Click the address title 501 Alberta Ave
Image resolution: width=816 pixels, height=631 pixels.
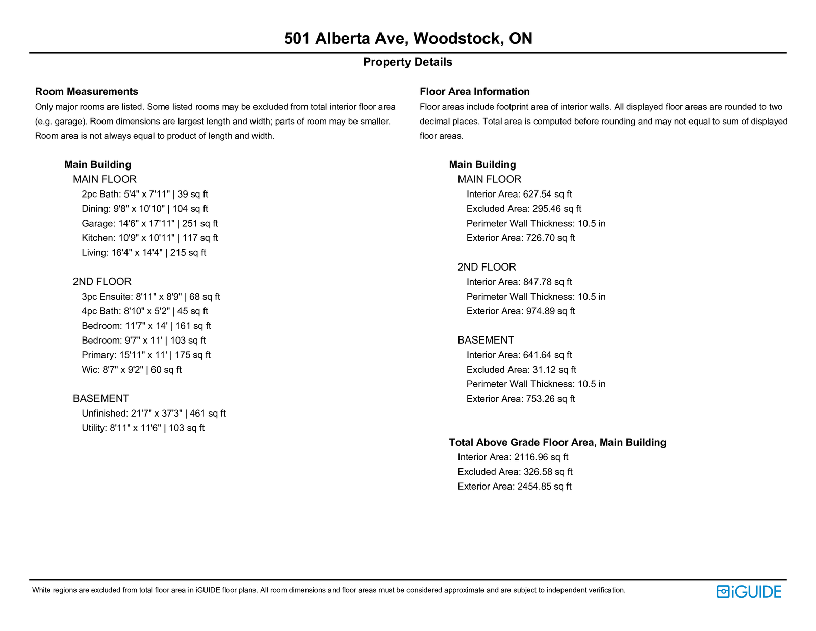pos(407,38)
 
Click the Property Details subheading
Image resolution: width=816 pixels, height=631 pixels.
pos(407,62)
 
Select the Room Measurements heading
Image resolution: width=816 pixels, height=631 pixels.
pos(87,92)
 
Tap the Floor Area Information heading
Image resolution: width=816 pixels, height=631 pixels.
pos(474,92)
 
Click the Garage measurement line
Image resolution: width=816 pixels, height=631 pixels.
pos(149,223)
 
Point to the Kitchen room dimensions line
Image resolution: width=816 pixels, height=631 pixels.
pos(149,238)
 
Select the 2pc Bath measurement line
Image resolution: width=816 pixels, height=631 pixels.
pos(145,194)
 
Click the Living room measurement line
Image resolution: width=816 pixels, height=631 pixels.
pos(144,253)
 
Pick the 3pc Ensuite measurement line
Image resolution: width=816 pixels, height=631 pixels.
pos(151,297)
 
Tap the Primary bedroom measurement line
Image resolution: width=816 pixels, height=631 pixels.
pos(146,355)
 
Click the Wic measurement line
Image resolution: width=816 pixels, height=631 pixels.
pos(132,370)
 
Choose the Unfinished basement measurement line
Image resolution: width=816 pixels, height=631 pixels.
pos(154,414)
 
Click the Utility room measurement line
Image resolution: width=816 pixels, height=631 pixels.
pos(143,428)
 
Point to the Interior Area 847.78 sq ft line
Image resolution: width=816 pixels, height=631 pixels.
pos(519,282)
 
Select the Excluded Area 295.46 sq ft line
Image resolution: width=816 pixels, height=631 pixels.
pos(524,209)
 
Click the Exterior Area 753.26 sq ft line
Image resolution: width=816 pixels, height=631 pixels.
pos(521,399)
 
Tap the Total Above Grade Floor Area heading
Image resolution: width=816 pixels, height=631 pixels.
pos(557,442)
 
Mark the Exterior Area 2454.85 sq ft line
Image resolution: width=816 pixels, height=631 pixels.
pos(515,487)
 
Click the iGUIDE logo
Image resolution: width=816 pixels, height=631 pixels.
pos(749,592)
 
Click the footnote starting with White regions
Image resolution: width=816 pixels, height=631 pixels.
pos(328,590)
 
